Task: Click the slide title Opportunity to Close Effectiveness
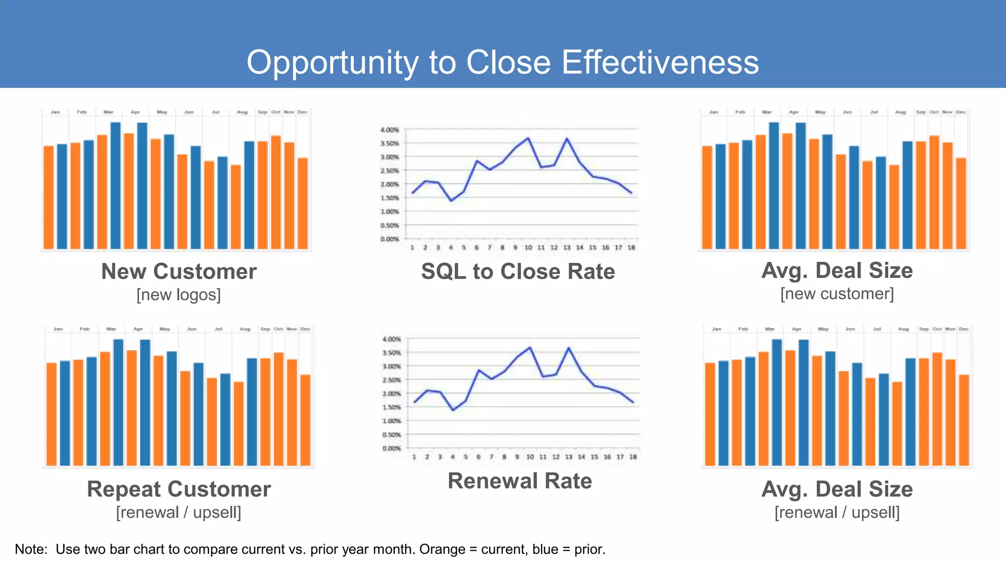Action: point(503,62)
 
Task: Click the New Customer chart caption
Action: point(179,272)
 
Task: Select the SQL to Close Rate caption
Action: point(518,272)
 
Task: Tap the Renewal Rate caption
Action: point(520,481)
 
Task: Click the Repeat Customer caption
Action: point(179,489)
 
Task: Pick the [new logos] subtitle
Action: point(179,295)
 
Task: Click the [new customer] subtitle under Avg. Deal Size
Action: point(837,294)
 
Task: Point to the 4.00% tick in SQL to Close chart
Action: point(390,130)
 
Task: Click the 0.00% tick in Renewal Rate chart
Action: point(391,448)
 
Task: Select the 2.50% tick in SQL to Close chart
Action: point(390,171)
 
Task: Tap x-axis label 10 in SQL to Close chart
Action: point(528,248)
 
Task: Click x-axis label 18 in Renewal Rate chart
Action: point(633,457)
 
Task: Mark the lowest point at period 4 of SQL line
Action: point(451,200)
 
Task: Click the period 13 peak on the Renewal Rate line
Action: point(569,348)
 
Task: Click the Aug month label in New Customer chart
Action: point(242,113)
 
